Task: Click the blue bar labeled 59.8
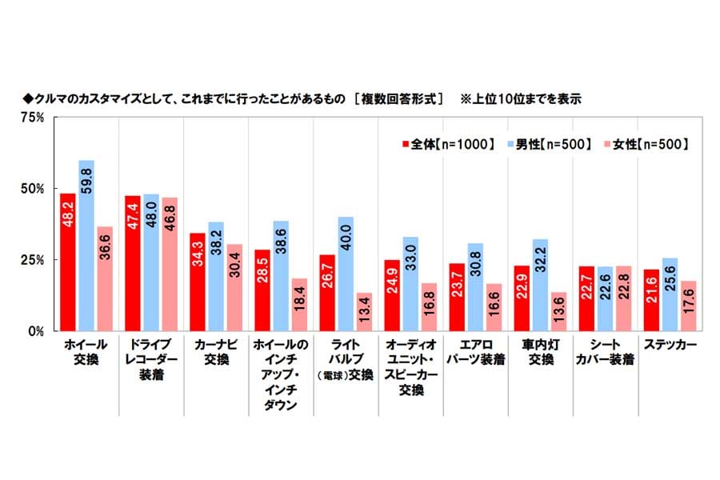coord(86,245)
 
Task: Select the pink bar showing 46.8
coord(169,264)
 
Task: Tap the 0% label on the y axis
coord(37,331)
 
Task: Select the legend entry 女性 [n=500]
coord(649,144)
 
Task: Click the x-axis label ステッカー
coord(668,345)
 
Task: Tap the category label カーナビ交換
coord(216,352)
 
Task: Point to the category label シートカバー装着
coord(606,352)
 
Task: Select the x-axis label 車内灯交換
coord(541,352)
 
